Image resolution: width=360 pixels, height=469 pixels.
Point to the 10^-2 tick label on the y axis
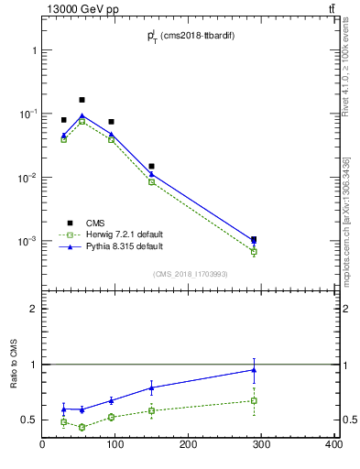[25, 178]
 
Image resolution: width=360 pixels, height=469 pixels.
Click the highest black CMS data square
[82, 100]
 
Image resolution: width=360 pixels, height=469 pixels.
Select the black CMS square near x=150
[151, 167]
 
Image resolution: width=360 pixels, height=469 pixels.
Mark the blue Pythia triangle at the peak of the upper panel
[82, 115]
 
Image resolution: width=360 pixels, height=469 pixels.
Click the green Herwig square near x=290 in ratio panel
[254, 400]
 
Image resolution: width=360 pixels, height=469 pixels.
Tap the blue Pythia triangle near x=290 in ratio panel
[254, 370]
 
